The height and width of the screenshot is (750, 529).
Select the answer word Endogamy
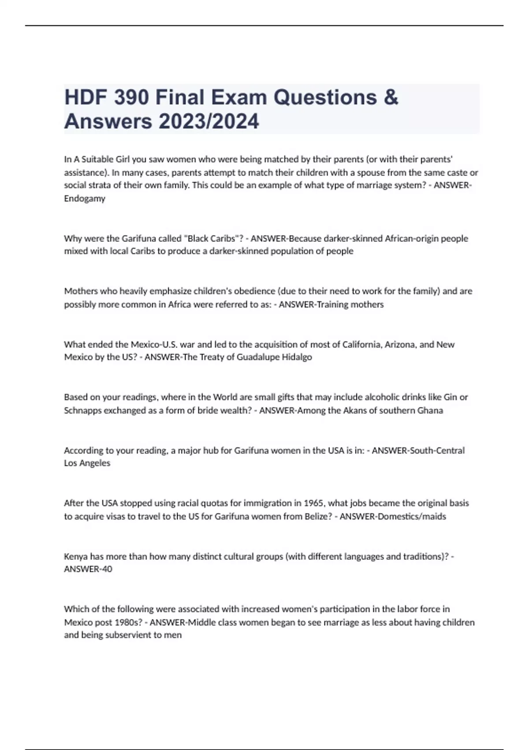[85, 199]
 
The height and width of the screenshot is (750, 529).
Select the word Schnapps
[82, 410]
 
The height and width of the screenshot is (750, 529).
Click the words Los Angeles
[87, 463]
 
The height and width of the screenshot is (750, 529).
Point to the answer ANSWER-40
[88, 569]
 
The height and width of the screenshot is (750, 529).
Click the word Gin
[450, 397]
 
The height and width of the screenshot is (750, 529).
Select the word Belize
[317, 516]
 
